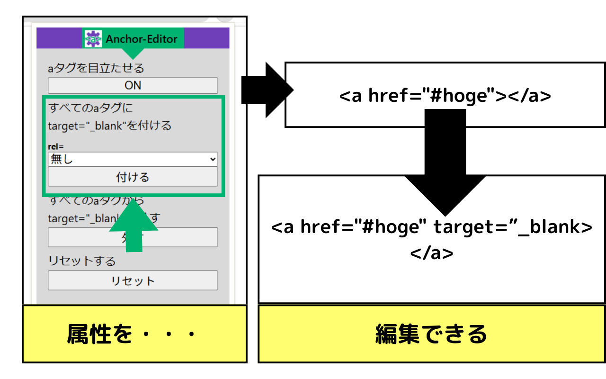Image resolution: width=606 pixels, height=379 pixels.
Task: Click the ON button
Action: point(133,86)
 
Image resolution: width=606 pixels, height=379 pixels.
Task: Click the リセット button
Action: point(133,280)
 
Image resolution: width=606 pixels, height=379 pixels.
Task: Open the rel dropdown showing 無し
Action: point(128,160)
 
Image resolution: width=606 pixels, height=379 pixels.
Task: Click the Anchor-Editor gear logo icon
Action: point(93,39)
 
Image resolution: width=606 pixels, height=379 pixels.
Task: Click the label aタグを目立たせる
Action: point(96,68)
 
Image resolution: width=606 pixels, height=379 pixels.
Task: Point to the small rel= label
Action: point(56,147)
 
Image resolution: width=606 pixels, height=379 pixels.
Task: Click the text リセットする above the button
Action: point(82,261)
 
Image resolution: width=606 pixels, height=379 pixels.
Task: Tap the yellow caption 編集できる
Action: point(431,334)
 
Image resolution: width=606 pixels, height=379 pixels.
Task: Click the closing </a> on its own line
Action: point(432,253)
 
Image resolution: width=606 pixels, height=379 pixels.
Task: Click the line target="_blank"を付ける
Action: point(110,126)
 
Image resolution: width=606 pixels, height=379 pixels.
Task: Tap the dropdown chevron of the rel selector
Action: point(212,160)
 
